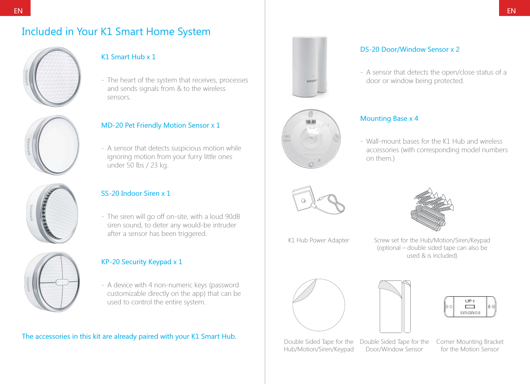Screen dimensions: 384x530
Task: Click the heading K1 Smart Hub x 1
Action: pyautogui.click(x=128, y=57)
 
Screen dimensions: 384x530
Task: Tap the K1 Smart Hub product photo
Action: pyautogui.click(x=52, y=77)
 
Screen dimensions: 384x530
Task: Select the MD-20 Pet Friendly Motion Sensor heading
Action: pyautogui.click(x=160, y=125)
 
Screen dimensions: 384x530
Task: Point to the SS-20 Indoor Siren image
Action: pyautogui.click(x=52, y=213)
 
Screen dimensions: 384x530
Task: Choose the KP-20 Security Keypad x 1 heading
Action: pyautogui.click(x=141, y=262)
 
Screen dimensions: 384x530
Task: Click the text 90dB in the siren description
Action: pyautogui.click(x=232, y=217)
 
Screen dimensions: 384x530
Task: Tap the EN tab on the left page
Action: pyautogui.click(x=18, y=10)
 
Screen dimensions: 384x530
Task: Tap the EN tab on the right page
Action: pyautogui.click(x=511, y=10)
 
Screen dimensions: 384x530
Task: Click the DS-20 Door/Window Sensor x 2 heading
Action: pyautogui.click(x=409, y=49)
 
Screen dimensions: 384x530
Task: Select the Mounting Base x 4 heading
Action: pyautogui.click(x=389, y=118)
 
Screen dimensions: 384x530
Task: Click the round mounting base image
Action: pyautogui.click(x=311, y=139)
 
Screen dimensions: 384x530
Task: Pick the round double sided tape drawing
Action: pyautogui.click(x=319, y=305)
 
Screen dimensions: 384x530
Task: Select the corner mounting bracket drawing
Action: pyautogui.click(x=470, y=307)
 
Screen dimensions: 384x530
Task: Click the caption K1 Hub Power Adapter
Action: pyautogui.click(x=318, y=240)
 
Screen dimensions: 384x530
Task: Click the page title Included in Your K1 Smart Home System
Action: pyautogui.click(x=116, y=32)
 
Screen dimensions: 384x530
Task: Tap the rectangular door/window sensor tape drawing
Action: pyautogui.click(x=395, y=307)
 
